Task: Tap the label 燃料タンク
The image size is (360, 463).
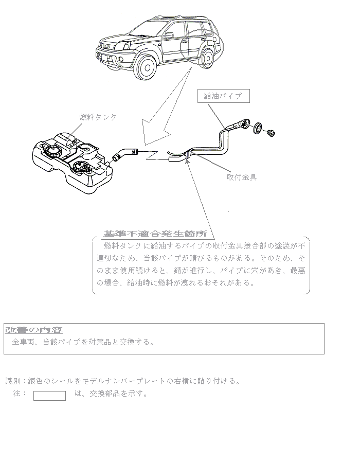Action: [98, 117]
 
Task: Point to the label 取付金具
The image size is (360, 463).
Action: [242, 177]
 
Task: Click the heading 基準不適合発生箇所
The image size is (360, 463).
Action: [155, 233]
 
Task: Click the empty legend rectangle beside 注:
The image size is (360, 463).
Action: [49, 395]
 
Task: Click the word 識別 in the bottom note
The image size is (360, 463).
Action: [12, 381]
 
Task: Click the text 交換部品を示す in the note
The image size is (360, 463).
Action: [118, 394]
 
